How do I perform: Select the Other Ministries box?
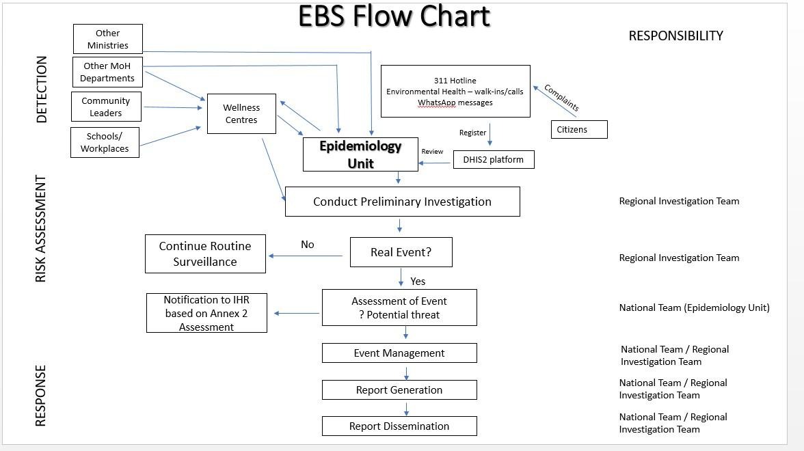(x=107, y=39)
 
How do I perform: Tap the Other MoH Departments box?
(x=107, y=72)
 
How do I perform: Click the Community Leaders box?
(x=106, y=107)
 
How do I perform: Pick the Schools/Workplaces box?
(x=105, y=142)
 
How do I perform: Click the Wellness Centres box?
(x=241, y=113)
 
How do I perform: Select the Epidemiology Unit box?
(x=360, y=154)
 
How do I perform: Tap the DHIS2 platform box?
(x=493, y=159)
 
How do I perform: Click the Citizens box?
(x=578, y=129)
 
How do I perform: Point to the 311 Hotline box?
(x=455, y=91)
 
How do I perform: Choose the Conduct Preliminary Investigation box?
(x=402, y=202)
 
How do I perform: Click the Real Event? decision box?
(x=401, y=252)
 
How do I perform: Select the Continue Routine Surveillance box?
(x=205, y=254)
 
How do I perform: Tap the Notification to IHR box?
(x=206, y=313)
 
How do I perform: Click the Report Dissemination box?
(x=399, y=426)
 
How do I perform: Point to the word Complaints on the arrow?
(x=561, y=98)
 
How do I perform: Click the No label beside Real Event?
(x=308, y=245)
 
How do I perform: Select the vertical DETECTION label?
(x=42, y=90)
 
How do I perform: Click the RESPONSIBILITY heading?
(x=675, y=36)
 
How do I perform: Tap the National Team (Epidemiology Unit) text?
(x=694, y=307)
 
